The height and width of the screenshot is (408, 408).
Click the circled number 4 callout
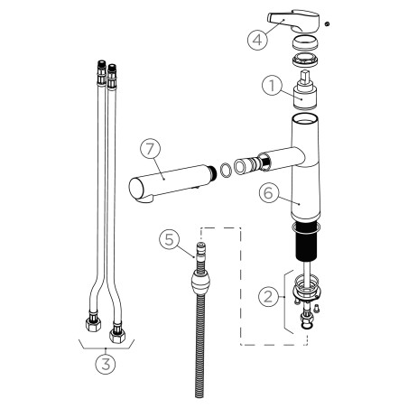point(257,40)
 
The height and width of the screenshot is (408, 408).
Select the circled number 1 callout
point(272,85)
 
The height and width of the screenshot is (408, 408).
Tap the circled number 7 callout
point(150,150)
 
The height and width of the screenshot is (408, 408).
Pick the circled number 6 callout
point(268,193)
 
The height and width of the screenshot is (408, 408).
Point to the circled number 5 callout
point(170,239)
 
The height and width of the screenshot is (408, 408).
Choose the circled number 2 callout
point(268,296)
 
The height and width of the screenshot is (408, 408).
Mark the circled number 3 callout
point(106,364)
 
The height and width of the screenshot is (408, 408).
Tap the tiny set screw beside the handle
point(327,23)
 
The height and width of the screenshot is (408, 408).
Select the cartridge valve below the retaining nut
point(305,90)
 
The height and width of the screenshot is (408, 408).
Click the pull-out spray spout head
point(172,183)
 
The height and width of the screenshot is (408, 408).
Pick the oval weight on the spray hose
point(199,283)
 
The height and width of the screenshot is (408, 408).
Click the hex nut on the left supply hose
point(93,323)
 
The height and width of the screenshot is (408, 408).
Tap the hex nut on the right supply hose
point(117,333)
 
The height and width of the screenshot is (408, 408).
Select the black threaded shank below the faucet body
point(305,241)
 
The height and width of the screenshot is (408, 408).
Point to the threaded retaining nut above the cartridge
point(305,60)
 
